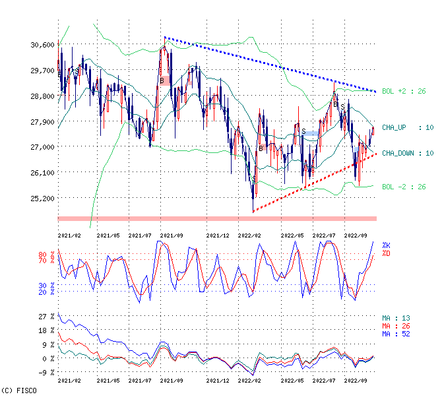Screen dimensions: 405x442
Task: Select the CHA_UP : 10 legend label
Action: pyautogui.click(x=407, y=127)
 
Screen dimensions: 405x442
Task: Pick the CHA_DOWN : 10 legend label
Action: pyautogui.click(x=407, y=153)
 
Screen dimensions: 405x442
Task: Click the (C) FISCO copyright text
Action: pyautogui.click(x=18, y=390)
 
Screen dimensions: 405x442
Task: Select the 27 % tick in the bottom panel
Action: pyautogui.click(x=47, y=317)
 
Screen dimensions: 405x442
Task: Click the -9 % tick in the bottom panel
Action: pyautogui.click(x=47, y=373)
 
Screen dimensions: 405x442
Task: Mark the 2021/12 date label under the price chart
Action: pyautogui.click(x=218, y=234)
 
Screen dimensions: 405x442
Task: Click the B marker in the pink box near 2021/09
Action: pyautogui.click(x=162, y=80)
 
